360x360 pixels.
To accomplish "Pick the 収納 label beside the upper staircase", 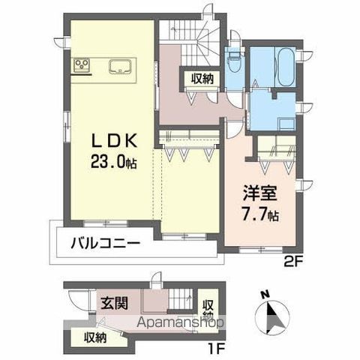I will [202, 77].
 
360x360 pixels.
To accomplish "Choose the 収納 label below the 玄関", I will [94, 336].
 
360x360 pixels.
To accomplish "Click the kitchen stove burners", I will [81, 66].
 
